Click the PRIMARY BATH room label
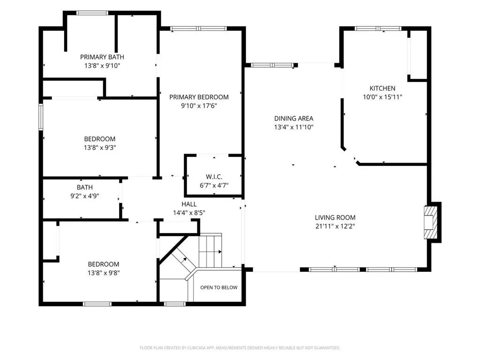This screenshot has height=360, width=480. pyautogui.click(x=102, y=57)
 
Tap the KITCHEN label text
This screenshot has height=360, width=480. pyautogui.click(x=382, y=89)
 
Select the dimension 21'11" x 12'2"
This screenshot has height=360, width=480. pyautogui.click(x=335, y=226)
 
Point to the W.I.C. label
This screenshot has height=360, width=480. pyautogui.click(x=214, y=177)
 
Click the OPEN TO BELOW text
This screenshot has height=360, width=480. pyautogui.click(x=219, y=287)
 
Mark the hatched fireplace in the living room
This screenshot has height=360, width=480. pyautogui.click(x=430, y=222)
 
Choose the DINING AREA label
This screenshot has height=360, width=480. pyautogui.click(x=293, y=119)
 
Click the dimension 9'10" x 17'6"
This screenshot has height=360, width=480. pyautogui.click(x=199, y=105)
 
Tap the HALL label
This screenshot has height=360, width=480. pyautogui.click(x=189, y=204)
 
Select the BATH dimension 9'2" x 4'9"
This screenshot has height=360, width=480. pyautogui.click(x=85, y=196)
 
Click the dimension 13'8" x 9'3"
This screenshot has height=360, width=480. pyautogui.click(x=100, y=148)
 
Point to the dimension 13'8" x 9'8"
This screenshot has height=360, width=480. pyautogui.click(x=104, y=273)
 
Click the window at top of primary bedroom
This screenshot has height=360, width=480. pyautogui.click(x=198, y=29)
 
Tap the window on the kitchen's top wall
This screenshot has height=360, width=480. pyautogui.click(x=378, y=29)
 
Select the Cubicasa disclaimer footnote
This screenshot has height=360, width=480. pyautogui.click(x=240, y=348)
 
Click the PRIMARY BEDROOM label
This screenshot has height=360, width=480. pyautogui.click(x=199, y=97)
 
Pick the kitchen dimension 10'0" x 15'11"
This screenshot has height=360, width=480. pyautogui.click(x=382, y=97)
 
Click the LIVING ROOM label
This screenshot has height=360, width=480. pyautogui.click(x=335, y=217)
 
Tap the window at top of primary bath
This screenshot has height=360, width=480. pyautogui.click(x=92, y=13)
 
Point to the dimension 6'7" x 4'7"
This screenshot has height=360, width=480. pyautogui.click(x=214, y=185)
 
